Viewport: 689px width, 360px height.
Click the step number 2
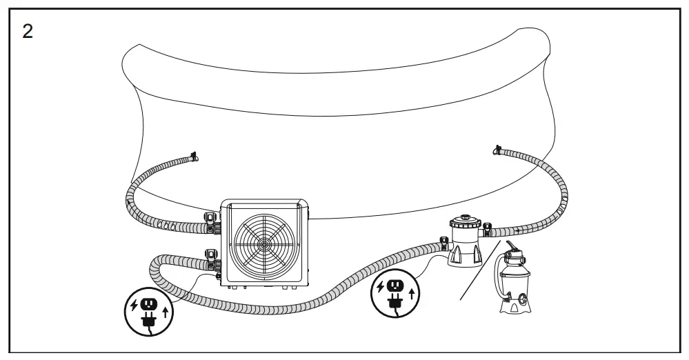point(28,32)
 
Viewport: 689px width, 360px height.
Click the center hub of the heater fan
point(265,243)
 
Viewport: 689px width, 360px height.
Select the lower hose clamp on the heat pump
point(210,258)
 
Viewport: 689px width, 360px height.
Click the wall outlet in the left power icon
point(147,303)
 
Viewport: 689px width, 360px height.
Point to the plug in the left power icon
point(146,319)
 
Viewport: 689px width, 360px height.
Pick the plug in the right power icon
point(395,301)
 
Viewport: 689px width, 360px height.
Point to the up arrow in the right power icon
point(412,294)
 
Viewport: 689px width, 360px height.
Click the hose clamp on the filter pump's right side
point(488,229)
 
